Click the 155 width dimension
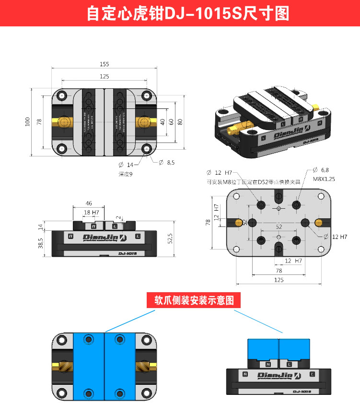coord(105,64)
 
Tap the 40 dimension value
coord(163,122)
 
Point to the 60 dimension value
coord(171,122)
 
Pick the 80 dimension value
coord(180,122)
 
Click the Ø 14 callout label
coord(126,165)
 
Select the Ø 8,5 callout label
coord(167,163)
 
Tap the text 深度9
coord(125,174)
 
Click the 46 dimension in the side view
coord(89,203)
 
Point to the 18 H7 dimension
coord(91,212)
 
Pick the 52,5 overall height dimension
coord(170,239)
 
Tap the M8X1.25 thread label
coord(324,178)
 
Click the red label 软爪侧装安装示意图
coord(194,301)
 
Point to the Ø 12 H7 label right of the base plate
coord(336,237)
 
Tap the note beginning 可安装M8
coord(253,182)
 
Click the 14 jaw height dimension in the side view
coord(40,226)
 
